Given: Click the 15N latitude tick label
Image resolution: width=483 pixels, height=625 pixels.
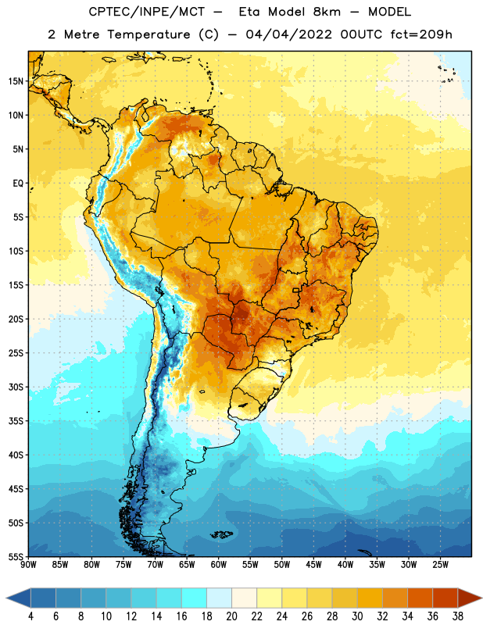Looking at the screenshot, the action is coord(16,81).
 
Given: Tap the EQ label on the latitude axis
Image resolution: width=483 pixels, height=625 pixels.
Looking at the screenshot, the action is coord(18,184).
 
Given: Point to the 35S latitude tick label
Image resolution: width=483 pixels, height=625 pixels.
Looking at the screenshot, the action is coord(16,421).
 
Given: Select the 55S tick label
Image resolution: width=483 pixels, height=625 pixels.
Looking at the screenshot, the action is coord(16,556).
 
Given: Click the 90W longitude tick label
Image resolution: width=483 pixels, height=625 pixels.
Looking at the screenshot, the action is coord(28,564).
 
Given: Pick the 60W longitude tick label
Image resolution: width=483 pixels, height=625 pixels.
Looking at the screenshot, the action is coord(219,564).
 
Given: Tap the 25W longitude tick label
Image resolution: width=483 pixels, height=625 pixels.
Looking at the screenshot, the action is coord(440,564).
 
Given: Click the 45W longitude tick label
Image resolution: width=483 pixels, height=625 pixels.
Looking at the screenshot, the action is coord(313,564).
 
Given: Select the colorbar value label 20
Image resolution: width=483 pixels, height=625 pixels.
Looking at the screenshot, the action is coord(231,616).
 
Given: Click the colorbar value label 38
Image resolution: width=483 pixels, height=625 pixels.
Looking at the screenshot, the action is coord(458,616).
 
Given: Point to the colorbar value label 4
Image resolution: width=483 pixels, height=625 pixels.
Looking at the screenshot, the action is coord(30,616).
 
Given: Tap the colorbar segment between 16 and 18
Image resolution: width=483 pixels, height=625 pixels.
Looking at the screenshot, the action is coord(194,598).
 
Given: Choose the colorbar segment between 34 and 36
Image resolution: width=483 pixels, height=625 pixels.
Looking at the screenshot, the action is coord(420,598).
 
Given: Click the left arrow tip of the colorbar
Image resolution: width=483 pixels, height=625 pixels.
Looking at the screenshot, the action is coord(6,598).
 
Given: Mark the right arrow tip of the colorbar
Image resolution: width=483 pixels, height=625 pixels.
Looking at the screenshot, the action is coord(481,598).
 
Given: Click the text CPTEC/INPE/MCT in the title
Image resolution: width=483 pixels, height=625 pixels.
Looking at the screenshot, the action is coord(147,12).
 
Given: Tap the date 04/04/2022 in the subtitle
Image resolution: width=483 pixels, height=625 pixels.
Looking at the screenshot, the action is coord(288,34).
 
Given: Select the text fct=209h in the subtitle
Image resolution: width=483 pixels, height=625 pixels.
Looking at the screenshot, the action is coord(421,34).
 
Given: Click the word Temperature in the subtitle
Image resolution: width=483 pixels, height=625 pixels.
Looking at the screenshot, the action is coord(148,34).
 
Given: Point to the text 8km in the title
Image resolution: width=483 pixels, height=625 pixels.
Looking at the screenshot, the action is coord(327,12).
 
